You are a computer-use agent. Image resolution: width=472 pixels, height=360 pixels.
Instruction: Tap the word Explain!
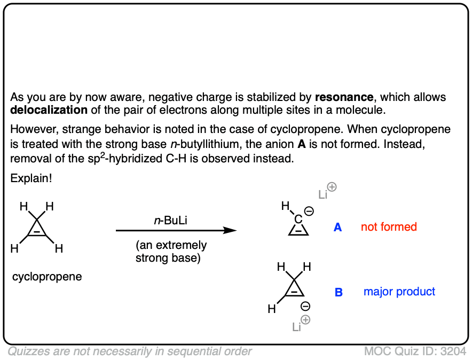31,178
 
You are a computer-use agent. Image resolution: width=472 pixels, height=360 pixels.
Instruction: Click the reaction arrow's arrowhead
231,230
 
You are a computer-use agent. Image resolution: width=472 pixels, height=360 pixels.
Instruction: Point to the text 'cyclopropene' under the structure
47,277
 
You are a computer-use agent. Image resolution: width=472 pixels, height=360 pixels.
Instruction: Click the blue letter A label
337,228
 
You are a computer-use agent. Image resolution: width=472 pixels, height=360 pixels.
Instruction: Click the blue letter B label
339,292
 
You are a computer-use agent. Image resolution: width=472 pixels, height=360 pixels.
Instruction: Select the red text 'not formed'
389,227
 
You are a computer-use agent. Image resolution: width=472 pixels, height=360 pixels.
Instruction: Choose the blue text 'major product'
399,292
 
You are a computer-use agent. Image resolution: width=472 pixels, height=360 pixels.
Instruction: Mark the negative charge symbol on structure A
309,212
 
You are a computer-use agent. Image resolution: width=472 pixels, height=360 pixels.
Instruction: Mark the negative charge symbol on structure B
305,307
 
